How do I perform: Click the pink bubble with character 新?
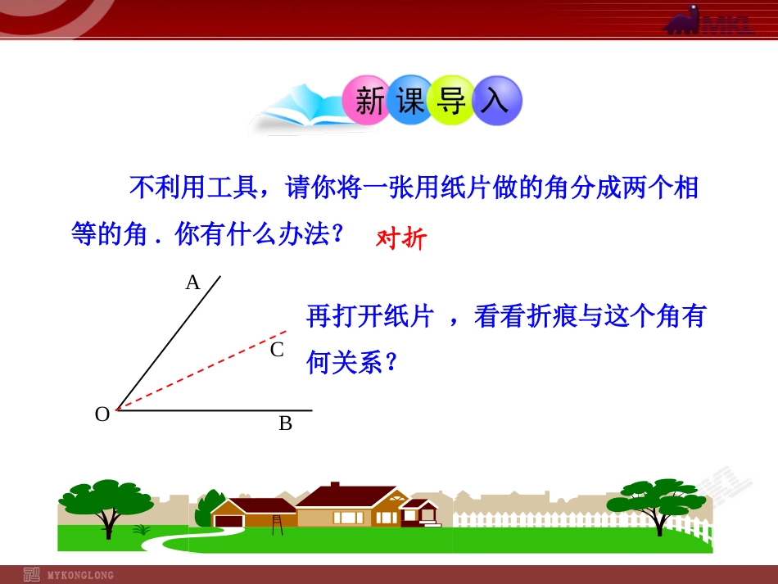pos(369,101)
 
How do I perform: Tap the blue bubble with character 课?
pos(410,101)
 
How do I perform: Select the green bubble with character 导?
pos(451,101)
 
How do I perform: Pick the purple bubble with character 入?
pos(495,101)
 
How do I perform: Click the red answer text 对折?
pos(401,238)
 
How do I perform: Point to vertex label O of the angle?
pos(102,414)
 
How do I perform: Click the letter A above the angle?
pos(192,283)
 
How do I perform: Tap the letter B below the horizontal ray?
pos(285,423)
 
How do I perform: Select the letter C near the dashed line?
pos(277,350)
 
